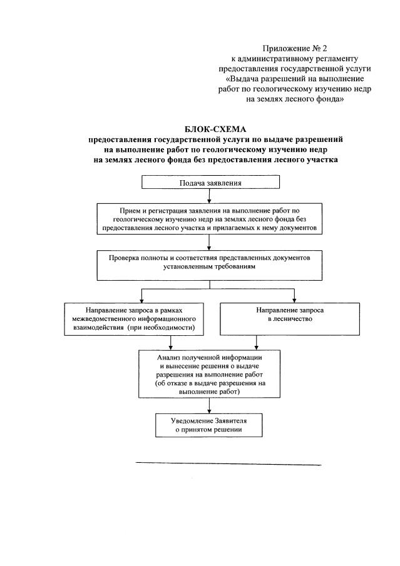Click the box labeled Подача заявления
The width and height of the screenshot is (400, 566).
click(210, 183)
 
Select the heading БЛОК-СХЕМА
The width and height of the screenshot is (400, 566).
click(211, 129)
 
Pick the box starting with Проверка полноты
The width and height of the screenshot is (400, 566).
click(210, 265)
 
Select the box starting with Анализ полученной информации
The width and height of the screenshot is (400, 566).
click(210, 373)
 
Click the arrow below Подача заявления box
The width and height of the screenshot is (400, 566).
click(210, 196)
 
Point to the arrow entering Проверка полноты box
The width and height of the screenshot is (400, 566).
click(210, 245)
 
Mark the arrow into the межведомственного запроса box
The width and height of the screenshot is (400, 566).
click(143, 296)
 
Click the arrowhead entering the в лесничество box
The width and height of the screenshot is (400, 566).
click(294, 300)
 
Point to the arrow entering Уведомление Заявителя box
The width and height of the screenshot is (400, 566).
click(209, 406)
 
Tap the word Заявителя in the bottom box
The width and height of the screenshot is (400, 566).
click(227, 421)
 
